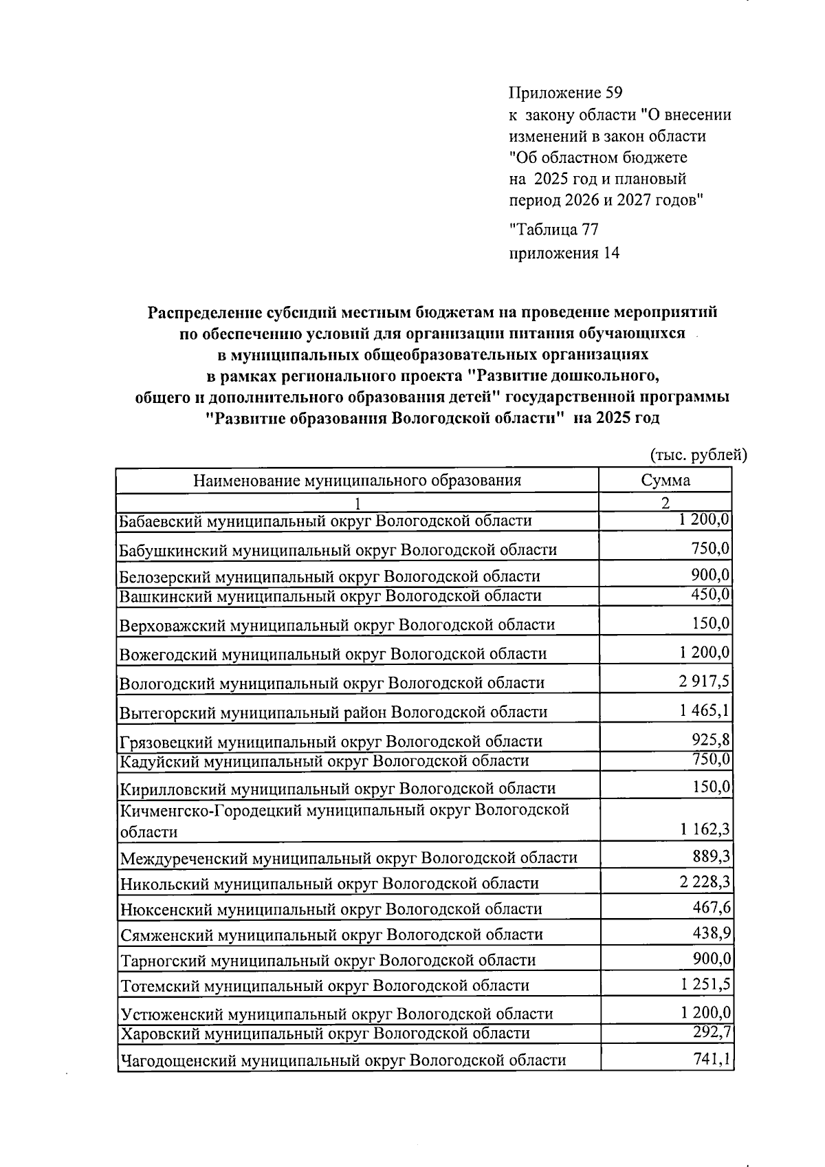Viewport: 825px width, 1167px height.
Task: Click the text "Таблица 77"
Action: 553,230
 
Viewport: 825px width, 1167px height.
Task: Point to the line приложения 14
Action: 564,253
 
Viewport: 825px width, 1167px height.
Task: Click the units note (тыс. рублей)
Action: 698,455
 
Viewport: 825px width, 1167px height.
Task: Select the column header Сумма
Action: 665,480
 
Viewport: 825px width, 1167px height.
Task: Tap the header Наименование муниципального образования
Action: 357,480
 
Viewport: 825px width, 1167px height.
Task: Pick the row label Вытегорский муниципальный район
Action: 333,712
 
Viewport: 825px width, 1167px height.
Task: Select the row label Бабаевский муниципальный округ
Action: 325,521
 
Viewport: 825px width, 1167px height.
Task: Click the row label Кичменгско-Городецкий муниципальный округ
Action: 344,820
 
